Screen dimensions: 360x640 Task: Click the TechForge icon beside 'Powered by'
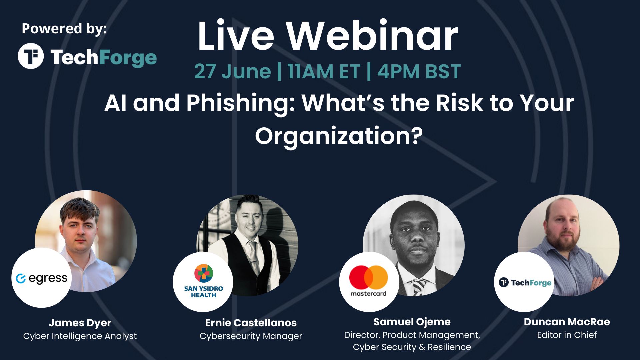click(31, 56)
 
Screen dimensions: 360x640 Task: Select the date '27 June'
click(232, 71)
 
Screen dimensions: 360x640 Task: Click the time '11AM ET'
click(324, 71)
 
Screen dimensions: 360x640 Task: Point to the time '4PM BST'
click(419, 71)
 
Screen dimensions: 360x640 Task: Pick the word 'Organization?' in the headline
click(339, 136)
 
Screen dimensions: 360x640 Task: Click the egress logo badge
click(42, 278)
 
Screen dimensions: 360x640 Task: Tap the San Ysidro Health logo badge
click(203, 282)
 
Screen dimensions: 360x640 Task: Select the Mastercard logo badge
click(369, 282)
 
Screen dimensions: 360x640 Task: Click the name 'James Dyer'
click(80, 323)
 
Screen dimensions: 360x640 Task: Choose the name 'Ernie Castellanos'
click(251, 323)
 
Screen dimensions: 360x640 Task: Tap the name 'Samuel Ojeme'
click(412, 322)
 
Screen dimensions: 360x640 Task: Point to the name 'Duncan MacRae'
click(567, 322)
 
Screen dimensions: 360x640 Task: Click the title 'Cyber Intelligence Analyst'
click(80, 336)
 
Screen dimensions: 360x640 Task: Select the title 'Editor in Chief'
click(567, 335)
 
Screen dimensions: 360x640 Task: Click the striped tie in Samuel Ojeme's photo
click(418, 287)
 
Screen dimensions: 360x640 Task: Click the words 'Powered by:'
click(64, 29)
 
